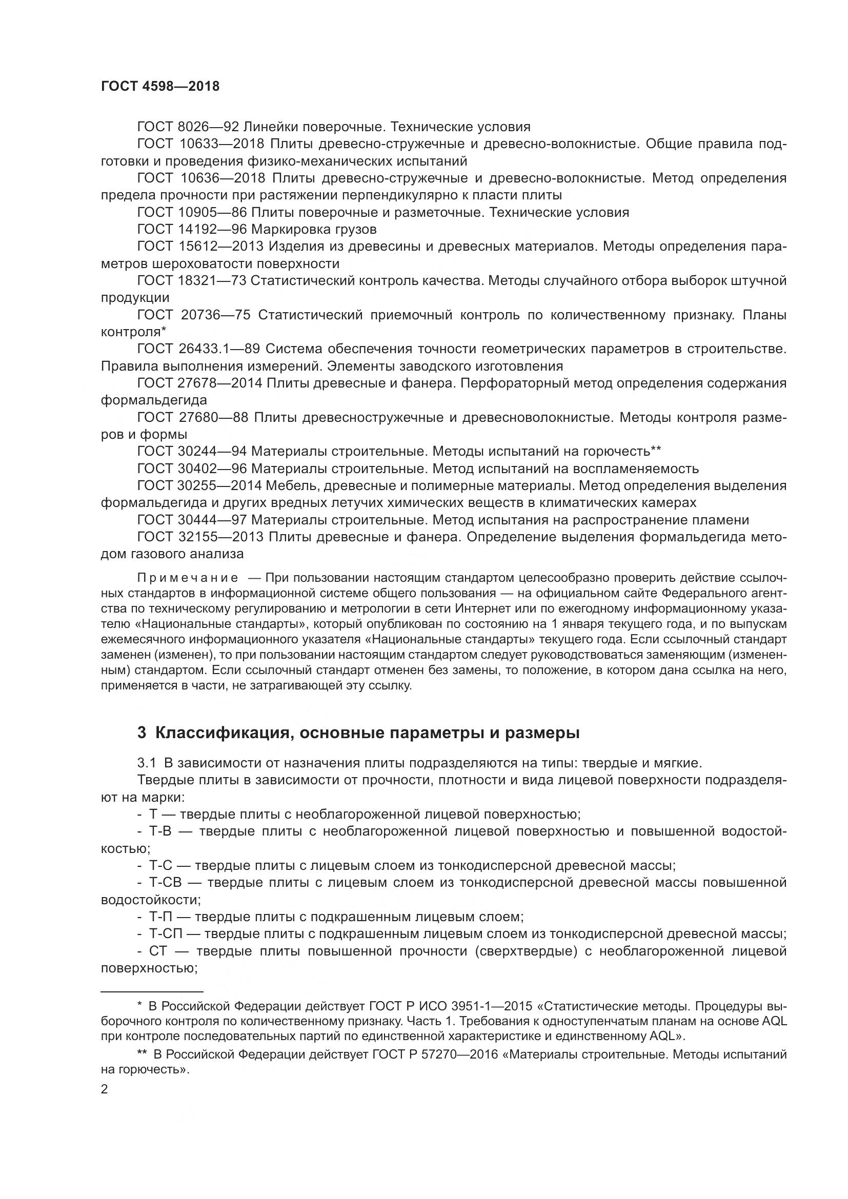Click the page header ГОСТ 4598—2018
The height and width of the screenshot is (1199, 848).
pos(160,87)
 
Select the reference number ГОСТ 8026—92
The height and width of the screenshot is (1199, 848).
pos(188,127)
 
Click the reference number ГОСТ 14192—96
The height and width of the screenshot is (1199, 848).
pos(192,229)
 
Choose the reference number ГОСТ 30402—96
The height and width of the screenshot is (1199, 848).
pos(192,469)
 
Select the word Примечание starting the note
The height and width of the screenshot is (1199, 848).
pos(188,578)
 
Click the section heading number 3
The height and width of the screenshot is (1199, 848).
pos(142,733)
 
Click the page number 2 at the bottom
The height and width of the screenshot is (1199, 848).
pos(105,1089)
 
